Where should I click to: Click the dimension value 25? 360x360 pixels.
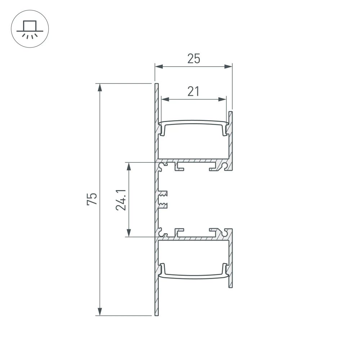point(193,58)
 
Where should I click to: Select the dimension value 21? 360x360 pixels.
point(193,91)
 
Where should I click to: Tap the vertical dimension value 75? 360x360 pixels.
point(92,199)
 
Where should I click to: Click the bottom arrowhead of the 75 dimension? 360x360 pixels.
point(100,312)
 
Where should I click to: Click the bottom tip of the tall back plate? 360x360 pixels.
point(156,315)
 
